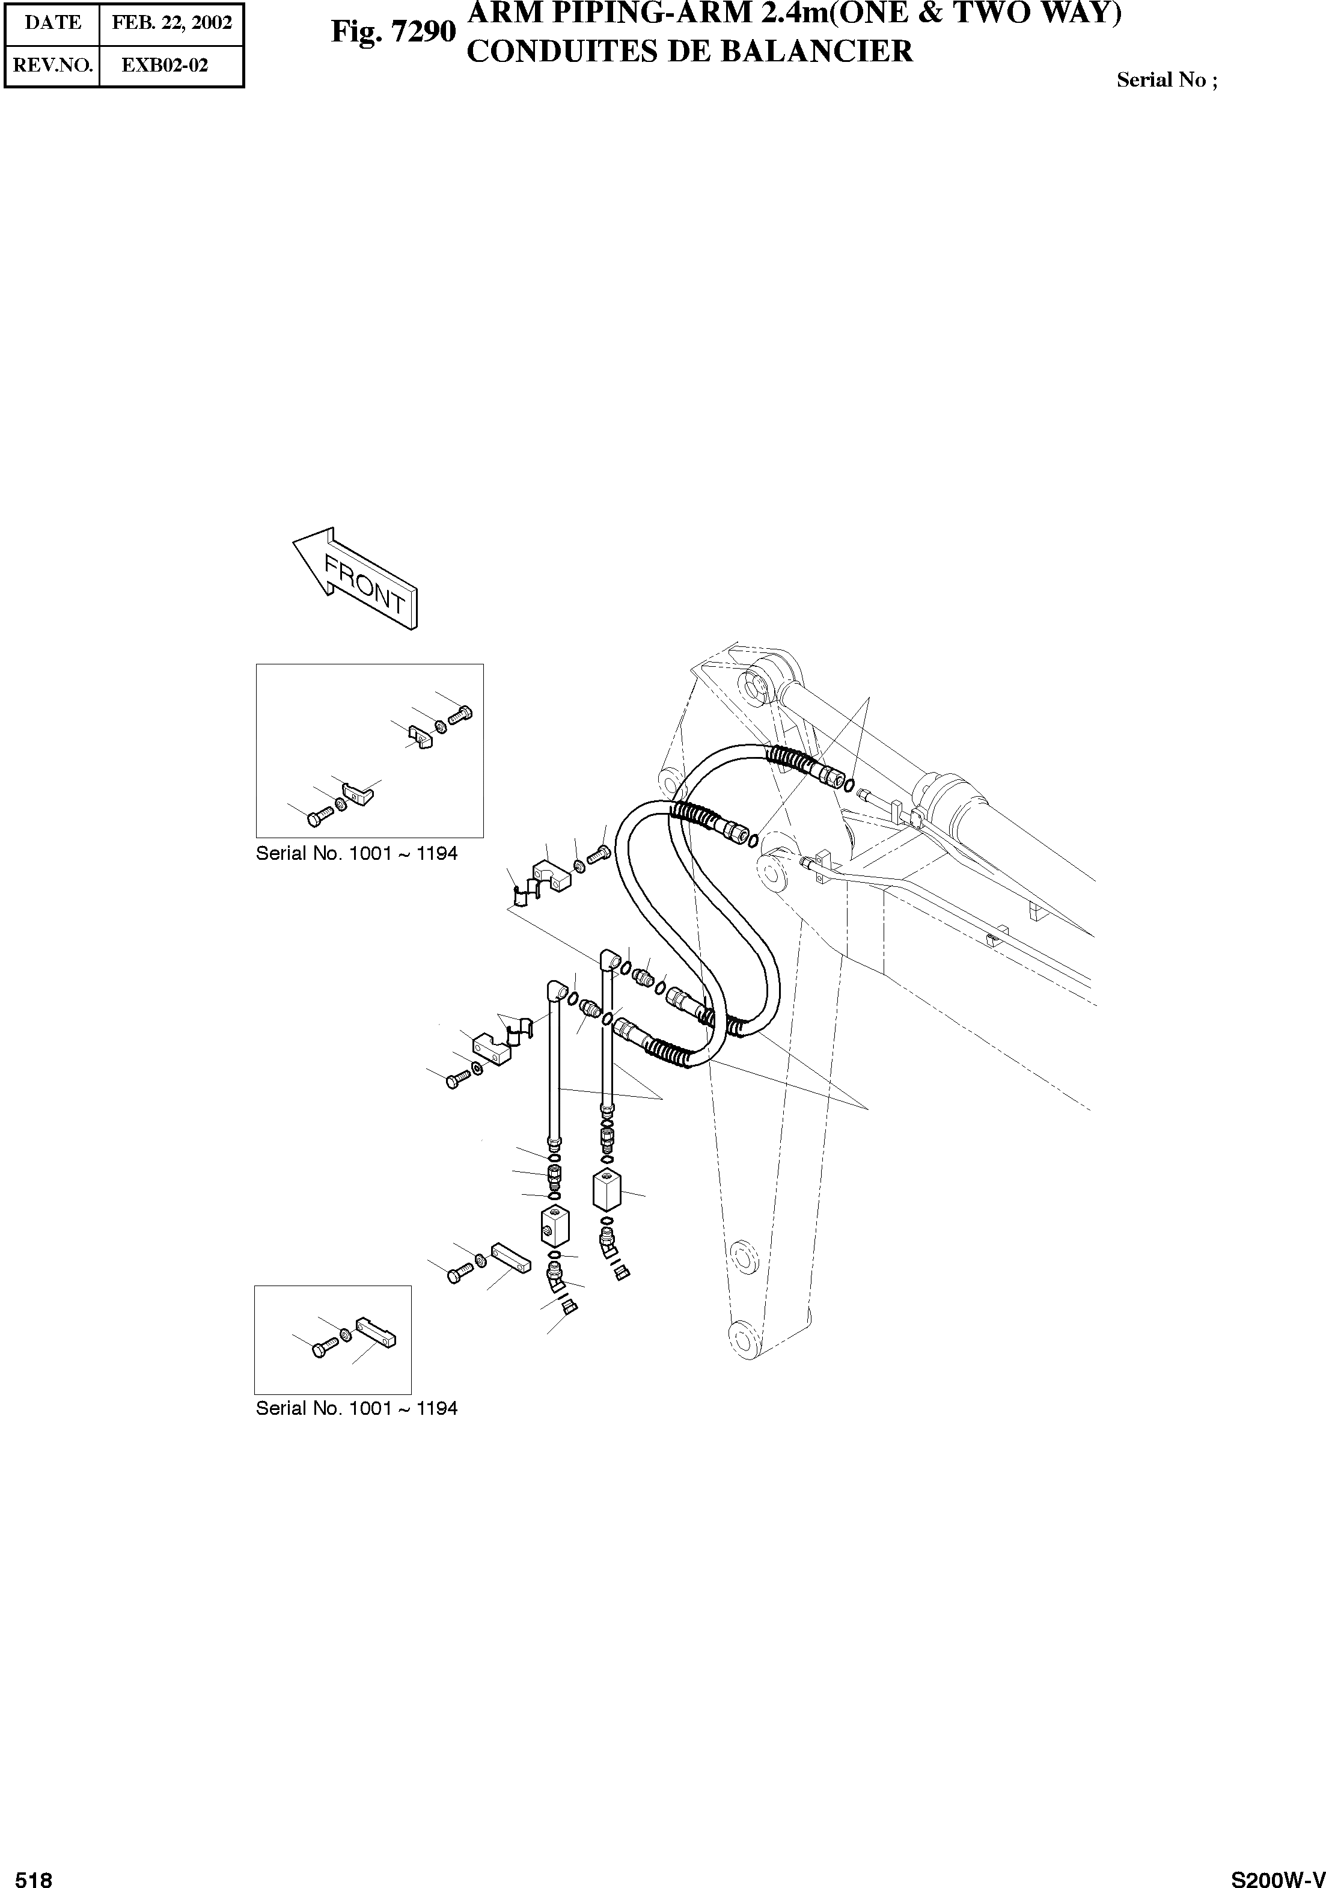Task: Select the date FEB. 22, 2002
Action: click(172, 22)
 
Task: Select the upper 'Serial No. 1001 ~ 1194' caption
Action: click(356, 854)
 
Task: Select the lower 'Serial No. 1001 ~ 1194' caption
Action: click(356, 1408)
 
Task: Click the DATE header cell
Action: click(53, 22)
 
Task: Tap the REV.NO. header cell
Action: click(53, 66)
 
